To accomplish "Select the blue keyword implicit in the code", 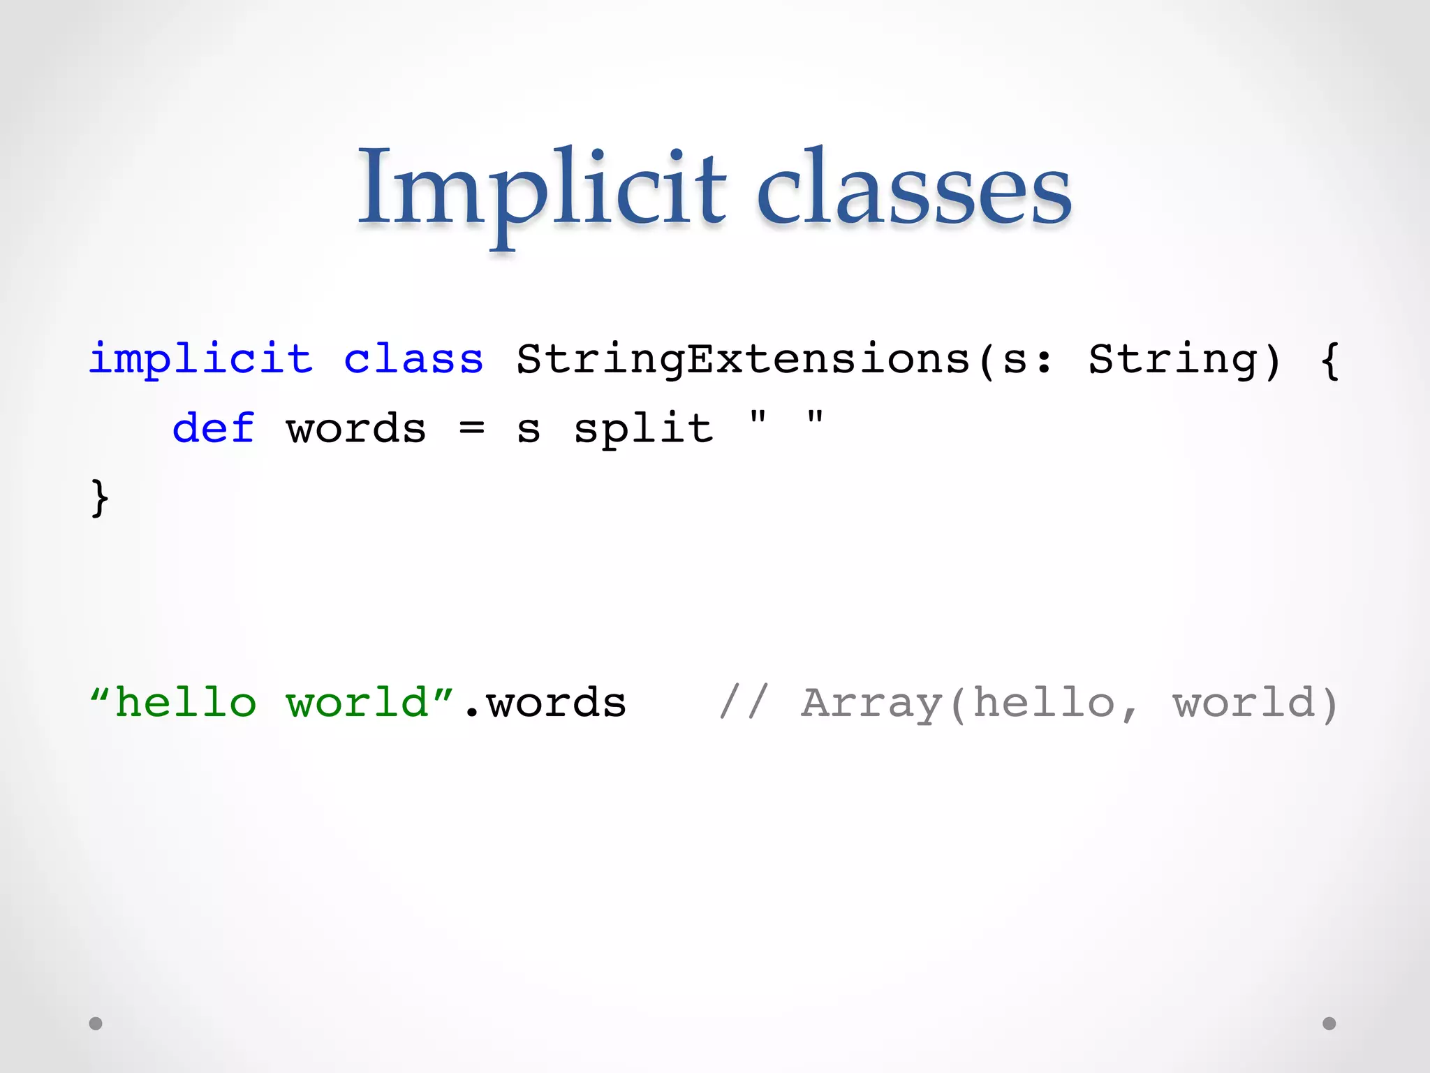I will point(200,359).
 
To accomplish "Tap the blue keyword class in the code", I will point(413,359).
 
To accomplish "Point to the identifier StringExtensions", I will point(743,359).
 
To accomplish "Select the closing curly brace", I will point(100,497).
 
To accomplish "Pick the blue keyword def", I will point(213,428).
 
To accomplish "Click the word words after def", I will point(356,429).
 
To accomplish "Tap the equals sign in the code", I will point(472,428).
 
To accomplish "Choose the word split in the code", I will point(643,429).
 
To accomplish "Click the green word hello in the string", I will point(185,702).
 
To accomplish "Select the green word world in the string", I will point(357,702).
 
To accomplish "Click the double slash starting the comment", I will point(744,702).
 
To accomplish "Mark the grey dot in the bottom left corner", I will point(96,1023).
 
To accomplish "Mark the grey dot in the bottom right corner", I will point(1329,1023).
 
